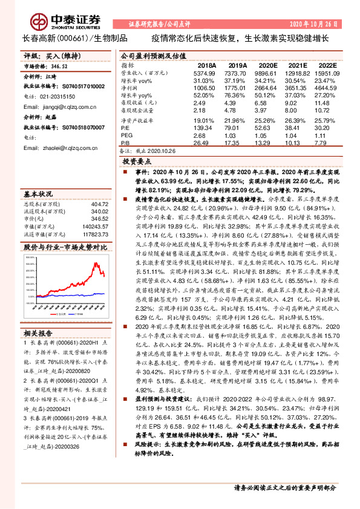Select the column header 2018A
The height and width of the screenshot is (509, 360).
(208, 65)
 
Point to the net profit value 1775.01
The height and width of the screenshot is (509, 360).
(238, 88)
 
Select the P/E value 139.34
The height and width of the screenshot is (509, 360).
(204, 128)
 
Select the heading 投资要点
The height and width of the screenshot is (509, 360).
(137, 163)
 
